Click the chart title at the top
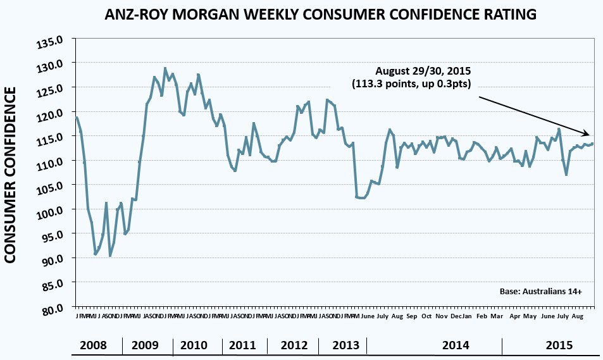[303, 14]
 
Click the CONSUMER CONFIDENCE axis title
[11, 175]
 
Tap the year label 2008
[94, 345]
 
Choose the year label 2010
[194, 345]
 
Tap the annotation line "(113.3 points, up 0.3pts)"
[412, 83]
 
